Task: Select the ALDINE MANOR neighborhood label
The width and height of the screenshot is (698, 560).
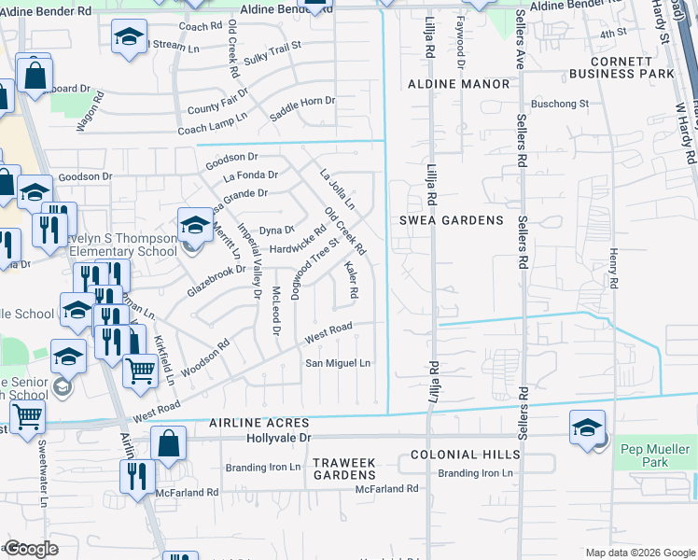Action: click(x=459, y=84)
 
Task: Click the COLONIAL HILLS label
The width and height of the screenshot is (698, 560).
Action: click(x=466, y=455)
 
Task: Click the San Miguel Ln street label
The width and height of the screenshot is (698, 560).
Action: click(x=339, y=363)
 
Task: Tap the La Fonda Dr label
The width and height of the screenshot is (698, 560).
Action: click(x=250, y=175)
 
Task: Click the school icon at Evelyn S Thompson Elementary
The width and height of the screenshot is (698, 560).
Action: click(x=195, y=225)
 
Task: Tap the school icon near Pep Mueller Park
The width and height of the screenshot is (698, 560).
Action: click(x=588, y=427)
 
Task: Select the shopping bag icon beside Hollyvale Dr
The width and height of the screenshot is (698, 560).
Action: click(x=169, y=444)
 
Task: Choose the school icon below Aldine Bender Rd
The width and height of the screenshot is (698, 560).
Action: click(x=128, y=38)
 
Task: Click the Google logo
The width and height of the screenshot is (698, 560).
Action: click(x=31, y=549)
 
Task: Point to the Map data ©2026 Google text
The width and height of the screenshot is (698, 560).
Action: click(x=639, y=553)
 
